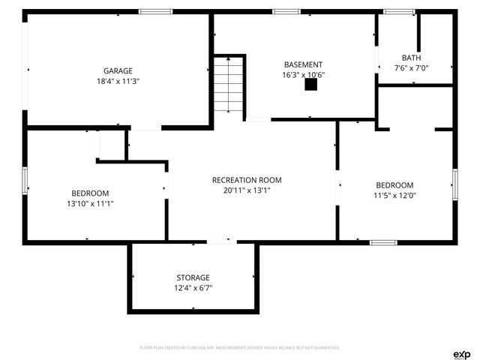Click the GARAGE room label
click(x=118, y=70)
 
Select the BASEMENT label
click(x=303, y=64)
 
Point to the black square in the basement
click(x=310, y=85)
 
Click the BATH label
click(x=411, y=58)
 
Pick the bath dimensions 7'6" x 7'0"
click(x=411, y=68)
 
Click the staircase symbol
click(x=229, y=85)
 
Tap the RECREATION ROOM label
click(x=247, y=180)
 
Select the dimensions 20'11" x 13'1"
click(x=247, y=190)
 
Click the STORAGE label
click(x=193, y=277)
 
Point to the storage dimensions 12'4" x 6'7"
click(x=193, y=288)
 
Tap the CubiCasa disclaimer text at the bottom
click(x=240, y=348)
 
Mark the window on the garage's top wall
click(x=155, y=11)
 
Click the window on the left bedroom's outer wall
click(x=25, y=181)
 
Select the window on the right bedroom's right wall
click(x=454, y=184)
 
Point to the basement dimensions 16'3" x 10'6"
click(x=303, y=75)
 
